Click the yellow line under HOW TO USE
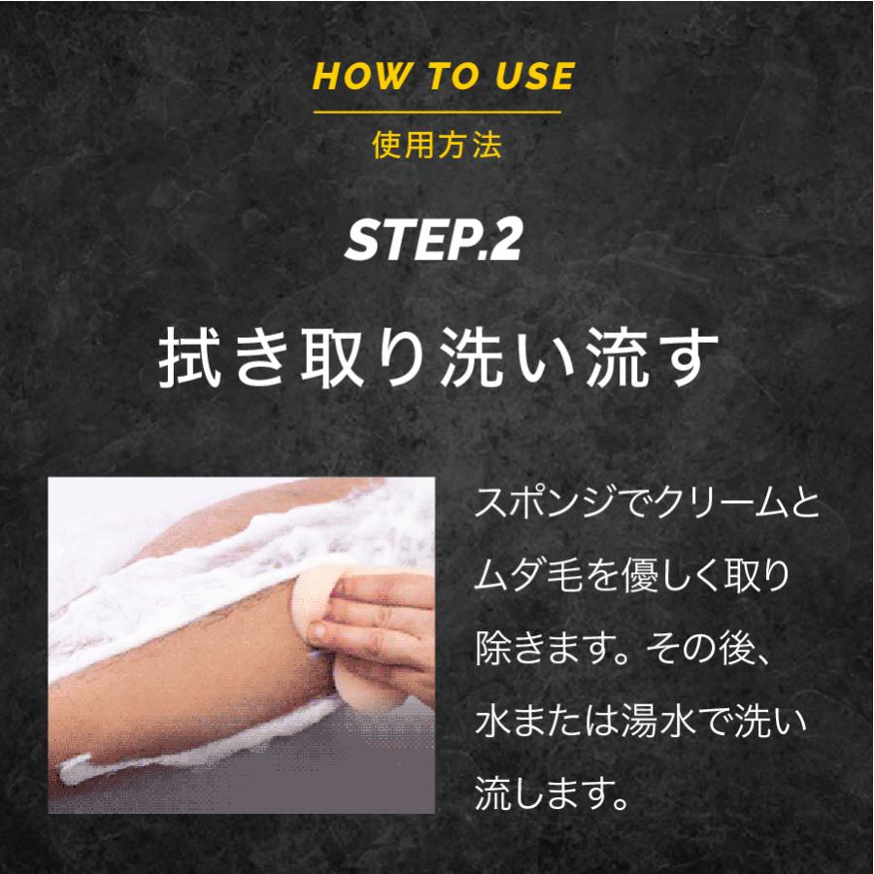[437, 113]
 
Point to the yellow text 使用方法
[437, 146]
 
